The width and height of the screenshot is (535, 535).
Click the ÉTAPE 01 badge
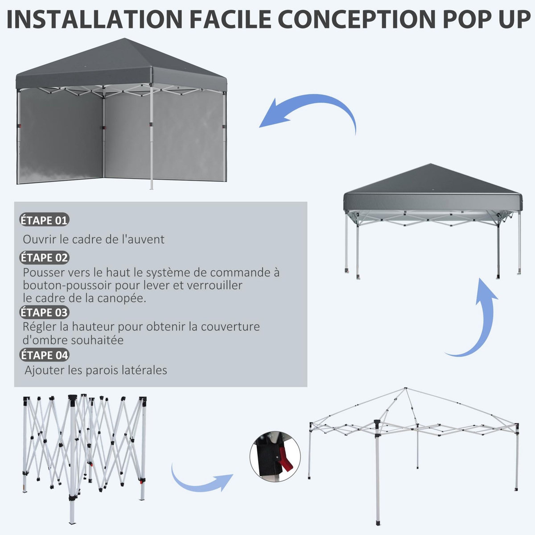coord(44,220)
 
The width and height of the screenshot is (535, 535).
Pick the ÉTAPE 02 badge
coord(44,258)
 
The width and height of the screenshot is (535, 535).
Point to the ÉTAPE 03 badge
coord(44,312)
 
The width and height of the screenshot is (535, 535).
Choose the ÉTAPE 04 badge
coord(44,355)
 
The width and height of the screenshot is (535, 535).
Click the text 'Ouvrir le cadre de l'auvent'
coord(94,239)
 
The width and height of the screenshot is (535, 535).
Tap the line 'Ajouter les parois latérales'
coord(96,370)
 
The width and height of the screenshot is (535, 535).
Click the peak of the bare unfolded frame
coord(405,389)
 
